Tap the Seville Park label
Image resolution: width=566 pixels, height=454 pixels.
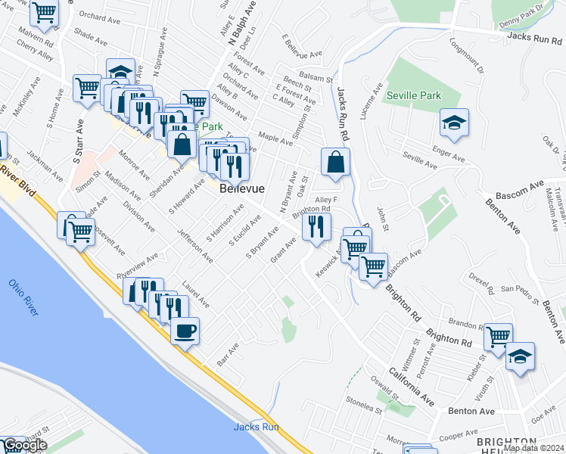411,96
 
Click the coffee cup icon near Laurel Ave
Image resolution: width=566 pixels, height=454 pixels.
185,330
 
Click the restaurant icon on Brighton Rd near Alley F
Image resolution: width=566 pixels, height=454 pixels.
316,225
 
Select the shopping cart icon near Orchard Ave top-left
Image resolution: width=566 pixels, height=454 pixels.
45,12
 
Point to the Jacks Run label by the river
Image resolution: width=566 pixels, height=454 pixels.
257,427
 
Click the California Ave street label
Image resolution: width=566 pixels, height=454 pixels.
412,386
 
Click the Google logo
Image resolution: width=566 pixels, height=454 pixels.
24,446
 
